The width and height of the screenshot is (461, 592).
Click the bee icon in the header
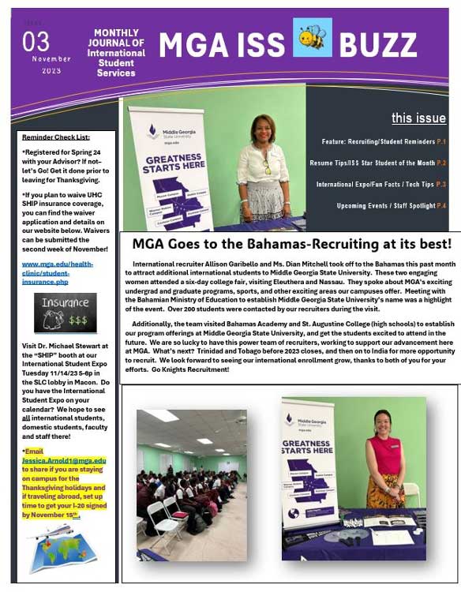coord(312,38)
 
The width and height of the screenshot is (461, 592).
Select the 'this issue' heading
coord(418,118)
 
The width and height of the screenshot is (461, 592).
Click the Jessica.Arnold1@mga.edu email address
coord(69,460)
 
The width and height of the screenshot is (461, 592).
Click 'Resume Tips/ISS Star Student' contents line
coord(382,163)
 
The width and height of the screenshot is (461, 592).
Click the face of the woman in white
coord(263,129)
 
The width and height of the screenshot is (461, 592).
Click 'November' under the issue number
coord(51,59)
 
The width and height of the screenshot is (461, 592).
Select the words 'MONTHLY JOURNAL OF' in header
coord(117,43)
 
